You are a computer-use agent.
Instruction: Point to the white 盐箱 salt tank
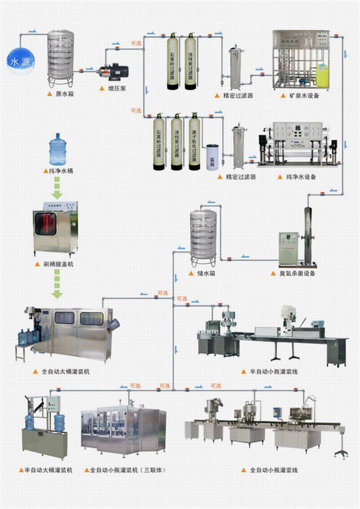212,157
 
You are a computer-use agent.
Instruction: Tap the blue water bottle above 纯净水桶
57,149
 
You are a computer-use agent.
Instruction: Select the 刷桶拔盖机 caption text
57,263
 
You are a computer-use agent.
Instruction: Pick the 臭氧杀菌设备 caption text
298,273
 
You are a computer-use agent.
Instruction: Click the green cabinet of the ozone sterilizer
288,248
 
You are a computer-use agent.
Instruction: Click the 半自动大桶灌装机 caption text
48,470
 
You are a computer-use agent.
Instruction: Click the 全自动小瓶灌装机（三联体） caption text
127,470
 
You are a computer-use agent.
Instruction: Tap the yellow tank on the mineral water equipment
322,74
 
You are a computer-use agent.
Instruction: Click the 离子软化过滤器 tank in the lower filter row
194,141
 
